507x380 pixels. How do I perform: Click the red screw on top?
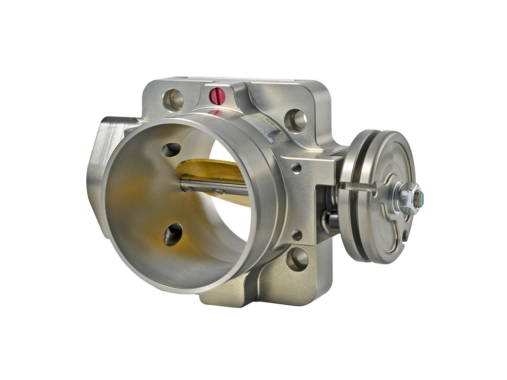pos(218,94)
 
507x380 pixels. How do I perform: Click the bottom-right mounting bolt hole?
pos(298,259)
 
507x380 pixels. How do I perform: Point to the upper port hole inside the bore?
pos(171,150)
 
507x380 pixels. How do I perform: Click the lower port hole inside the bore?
pos(173,235)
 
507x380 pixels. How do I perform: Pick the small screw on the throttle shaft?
pos(218,191)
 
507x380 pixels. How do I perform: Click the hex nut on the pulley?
pos(406,197)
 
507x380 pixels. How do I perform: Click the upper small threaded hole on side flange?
pos(296,168)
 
